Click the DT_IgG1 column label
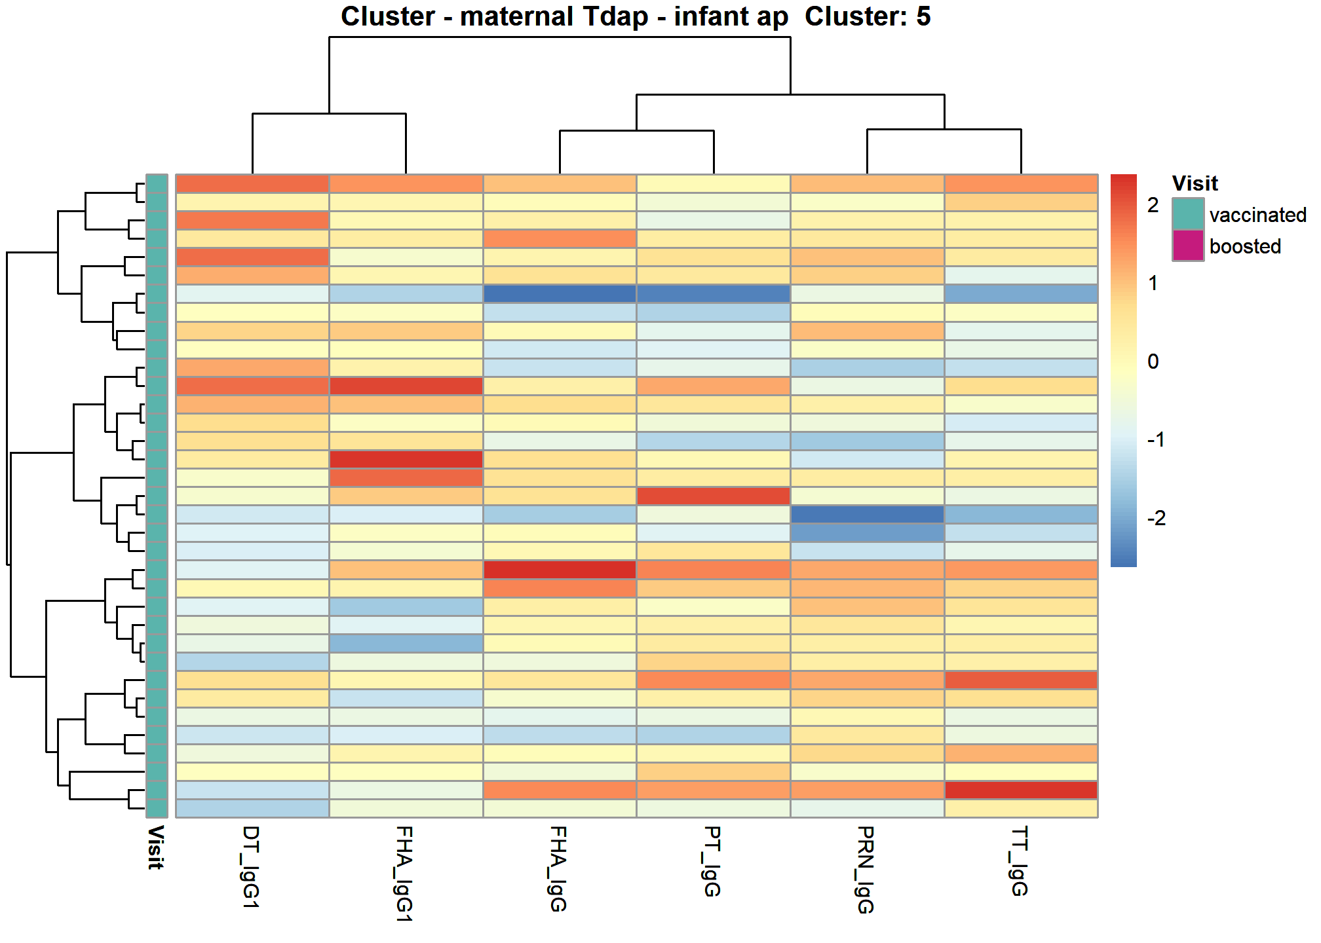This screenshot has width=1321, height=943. tap(252, 867)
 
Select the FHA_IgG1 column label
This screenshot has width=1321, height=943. tap(406, 874)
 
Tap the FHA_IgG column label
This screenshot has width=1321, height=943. tap(559, 869)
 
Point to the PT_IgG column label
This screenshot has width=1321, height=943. tap(713, 861)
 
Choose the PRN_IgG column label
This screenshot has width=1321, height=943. tap(866, 870)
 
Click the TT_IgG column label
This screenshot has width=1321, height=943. tap(1020, 861)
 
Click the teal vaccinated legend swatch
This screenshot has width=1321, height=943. tap(1188, 214)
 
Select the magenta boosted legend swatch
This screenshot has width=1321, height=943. tap(1188, 246)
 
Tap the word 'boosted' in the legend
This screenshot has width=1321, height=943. tap(1245, 246)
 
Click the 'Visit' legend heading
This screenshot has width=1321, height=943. tap(1195, 183)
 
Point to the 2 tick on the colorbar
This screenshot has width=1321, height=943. tap(1153, 205)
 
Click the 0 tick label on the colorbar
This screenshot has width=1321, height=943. tap(1153, 361)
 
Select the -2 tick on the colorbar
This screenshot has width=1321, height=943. tap(1157, 518)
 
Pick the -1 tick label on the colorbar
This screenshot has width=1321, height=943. tap(1157, 439)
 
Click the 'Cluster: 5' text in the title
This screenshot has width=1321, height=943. tap(868, 16)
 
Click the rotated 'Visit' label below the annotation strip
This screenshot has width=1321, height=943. tap(156, 847)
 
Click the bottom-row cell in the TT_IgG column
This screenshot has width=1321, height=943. tap(1021, 808)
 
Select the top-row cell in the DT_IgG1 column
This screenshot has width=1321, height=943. tap(252, 184)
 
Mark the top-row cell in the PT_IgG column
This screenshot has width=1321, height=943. tap(713, 184)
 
